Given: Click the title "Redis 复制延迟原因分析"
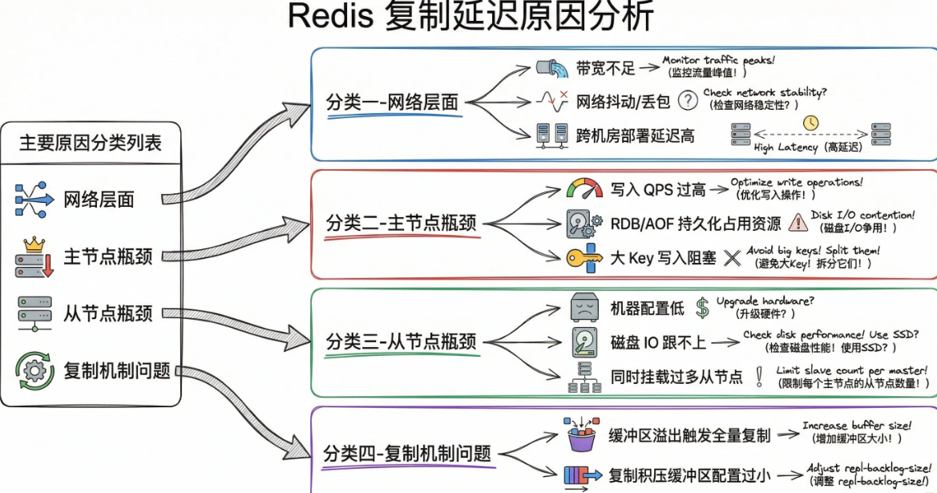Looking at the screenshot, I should [x=471, y=18].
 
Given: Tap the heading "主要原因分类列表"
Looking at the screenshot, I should [x=90, y=143].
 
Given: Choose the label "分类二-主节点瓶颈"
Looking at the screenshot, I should [x=401, y=223].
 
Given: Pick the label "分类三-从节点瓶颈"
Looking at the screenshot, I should [x=401, y=341].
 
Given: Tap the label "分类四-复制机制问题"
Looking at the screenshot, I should [x=406, y=453].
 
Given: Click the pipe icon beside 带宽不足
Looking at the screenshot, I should [x=552, y=67].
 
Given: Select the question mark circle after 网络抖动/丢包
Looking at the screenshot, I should [x=687, y=100].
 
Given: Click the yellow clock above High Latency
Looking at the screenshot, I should [x=811, y=123].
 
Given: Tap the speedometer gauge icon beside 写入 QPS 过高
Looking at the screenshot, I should [x=584, y=189].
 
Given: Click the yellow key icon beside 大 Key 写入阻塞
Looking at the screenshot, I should [x=585, y=257].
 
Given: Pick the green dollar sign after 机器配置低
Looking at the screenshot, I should [x=702, y=307].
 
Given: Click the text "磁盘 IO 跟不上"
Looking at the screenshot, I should [x=658, y=342].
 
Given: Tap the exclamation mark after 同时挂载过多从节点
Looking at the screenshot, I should [x=758, y=376].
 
